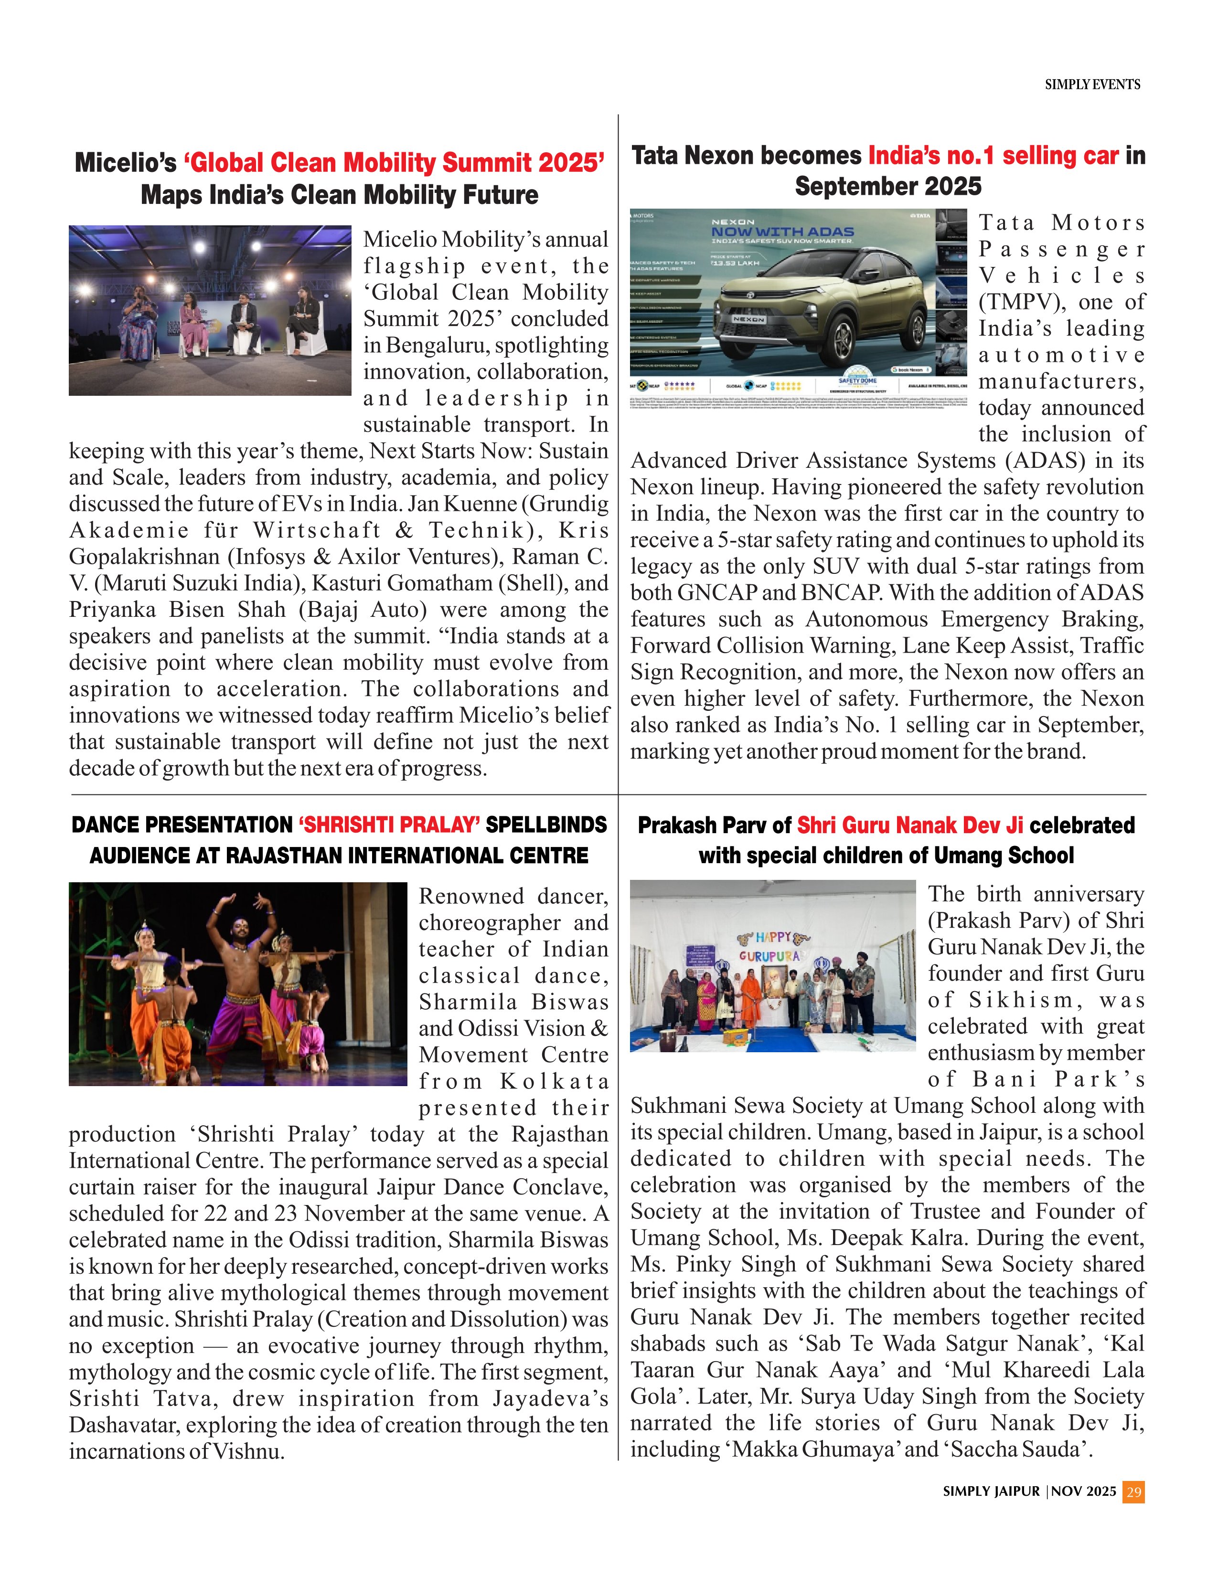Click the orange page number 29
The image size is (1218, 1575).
coord(1133,1491)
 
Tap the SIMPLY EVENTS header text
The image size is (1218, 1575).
coord(1092,85)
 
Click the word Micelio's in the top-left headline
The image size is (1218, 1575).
coord(126,163)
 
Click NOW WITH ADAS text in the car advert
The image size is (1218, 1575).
coord(782,232)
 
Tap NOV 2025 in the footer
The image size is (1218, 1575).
coord(1084,1491)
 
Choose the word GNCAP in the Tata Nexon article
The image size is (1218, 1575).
coord(716,593)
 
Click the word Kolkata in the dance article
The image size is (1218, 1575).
coord(554,1082)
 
